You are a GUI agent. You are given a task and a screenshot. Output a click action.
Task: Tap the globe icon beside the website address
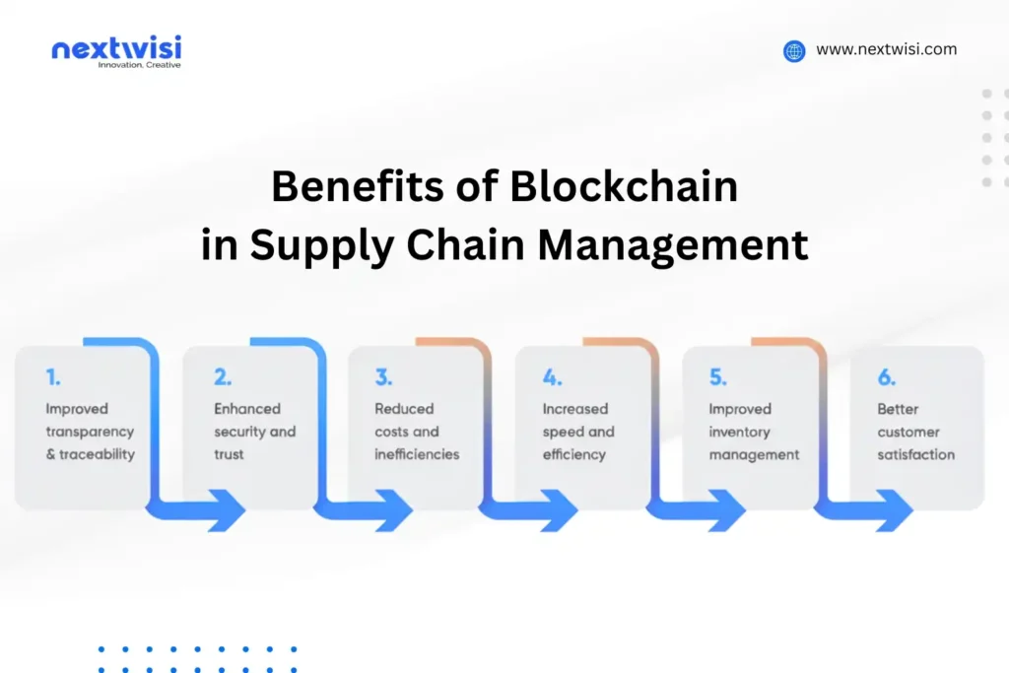click(x=794, y=51)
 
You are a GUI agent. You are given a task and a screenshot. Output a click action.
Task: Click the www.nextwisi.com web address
click(x=886, y=49)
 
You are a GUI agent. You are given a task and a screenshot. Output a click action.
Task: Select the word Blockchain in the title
click(x=623, y=187)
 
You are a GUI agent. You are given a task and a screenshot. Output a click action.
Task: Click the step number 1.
click(x=52, y=377)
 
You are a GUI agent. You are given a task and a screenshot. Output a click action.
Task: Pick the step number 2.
click(x=223, y=377)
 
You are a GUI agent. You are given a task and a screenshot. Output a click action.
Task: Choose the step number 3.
click(x=383, y=377)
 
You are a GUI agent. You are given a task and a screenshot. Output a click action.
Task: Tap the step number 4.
click(x=552, y=377)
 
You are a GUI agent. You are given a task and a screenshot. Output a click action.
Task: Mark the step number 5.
click(x=718, y=377)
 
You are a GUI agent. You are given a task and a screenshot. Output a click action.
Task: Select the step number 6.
click(x=887, y=377)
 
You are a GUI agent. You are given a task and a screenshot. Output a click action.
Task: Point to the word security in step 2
click(x=239, y=432)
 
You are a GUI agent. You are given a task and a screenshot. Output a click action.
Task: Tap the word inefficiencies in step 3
click(x=417, y=455)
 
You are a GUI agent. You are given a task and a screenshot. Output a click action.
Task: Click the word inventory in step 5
click(x=740, y=432)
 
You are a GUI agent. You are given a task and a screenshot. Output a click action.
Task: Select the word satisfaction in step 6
click(x=916, y=455)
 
